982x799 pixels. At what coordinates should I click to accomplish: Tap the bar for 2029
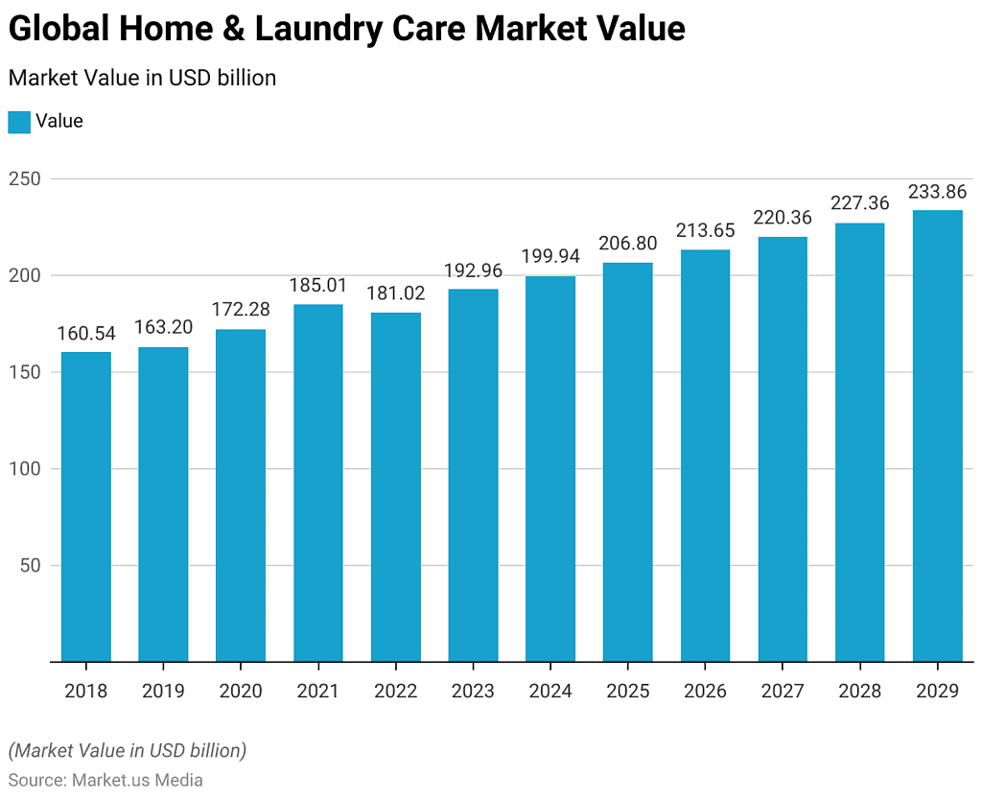937,436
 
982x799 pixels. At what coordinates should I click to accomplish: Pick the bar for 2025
628,462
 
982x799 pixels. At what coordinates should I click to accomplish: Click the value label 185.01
318,285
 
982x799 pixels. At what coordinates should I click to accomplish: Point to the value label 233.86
937,191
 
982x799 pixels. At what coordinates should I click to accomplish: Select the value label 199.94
550,256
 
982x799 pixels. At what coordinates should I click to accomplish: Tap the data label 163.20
163,327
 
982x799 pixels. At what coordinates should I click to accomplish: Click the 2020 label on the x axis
241,691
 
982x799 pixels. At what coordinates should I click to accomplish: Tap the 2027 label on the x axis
783,691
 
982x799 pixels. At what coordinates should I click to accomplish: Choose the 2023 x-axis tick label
473,691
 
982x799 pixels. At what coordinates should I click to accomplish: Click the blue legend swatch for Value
19,122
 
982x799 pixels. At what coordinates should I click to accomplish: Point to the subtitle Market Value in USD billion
142,78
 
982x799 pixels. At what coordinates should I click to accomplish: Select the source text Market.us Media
137,780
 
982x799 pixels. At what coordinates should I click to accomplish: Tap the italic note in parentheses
127,750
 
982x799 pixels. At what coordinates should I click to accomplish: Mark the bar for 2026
705,456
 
